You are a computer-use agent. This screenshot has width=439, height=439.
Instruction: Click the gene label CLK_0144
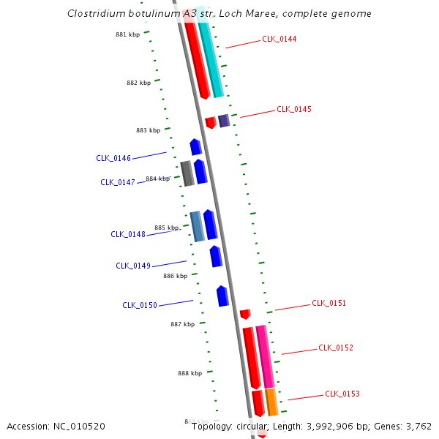279,39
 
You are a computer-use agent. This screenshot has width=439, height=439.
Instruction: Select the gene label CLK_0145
293,109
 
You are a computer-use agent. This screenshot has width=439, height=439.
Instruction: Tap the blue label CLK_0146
113,158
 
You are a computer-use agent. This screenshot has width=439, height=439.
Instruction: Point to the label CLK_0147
118,182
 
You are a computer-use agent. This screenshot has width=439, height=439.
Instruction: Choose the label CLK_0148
128,234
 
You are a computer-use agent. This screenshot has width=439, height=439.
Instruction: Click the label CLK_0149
133,266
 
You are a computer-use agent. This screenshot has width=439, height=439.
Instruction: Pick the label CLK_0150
140,305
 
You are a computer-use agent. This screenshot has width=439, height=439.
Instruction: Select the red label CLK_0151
329,303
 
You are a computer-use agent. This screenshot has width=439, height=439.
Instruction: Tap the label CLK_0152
336,348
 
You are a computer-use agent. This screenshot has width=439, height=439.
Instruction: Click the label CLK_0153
342,394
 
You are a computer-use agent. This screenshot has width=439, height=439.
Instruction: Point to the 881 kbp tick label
128,34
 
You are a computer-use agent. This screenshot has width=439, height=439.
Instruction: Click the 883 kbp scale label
148,130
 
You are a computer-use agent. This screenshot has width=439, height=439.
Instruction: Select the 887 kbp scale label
183,324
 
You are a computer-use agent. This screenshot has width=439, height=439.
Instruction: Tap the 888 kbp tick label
190,373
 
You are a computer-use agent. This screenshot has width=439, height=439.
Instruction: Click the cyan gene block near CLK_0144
211,55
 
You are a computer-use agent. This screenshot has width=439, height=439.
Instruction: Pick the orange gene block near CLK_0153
271,402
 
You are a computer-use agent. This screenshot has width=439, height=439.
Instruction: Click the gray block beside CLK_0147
187,173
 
